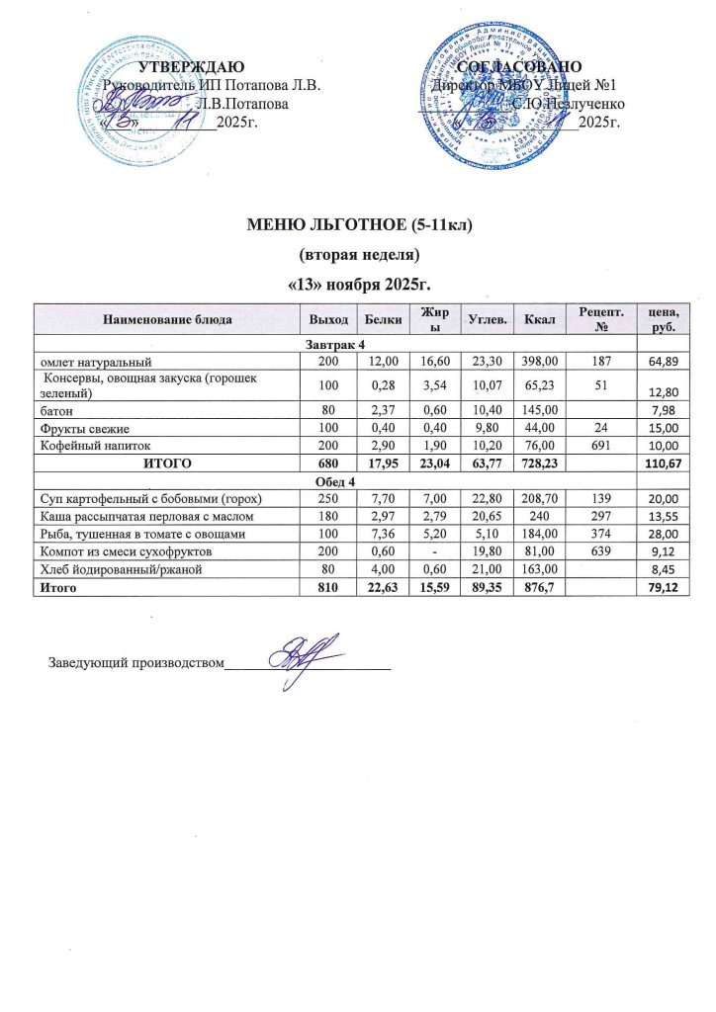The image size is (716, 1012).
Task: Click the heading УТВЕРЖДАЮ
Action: [188, 67]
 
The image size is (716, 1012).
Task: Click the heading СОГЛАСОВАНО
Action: [519, 67]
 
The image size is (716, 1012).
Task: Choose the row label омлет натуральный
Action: [92, 358]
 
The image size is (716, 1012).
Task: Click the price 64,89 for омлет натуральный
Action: [662, 358]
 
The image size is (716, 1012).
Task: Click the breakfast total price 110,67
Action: [658, 463]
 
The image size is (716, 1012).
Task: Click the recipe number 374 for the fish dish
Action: [598, 533]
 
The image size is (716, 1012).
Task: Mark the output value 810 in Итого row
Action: [327, 587]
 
